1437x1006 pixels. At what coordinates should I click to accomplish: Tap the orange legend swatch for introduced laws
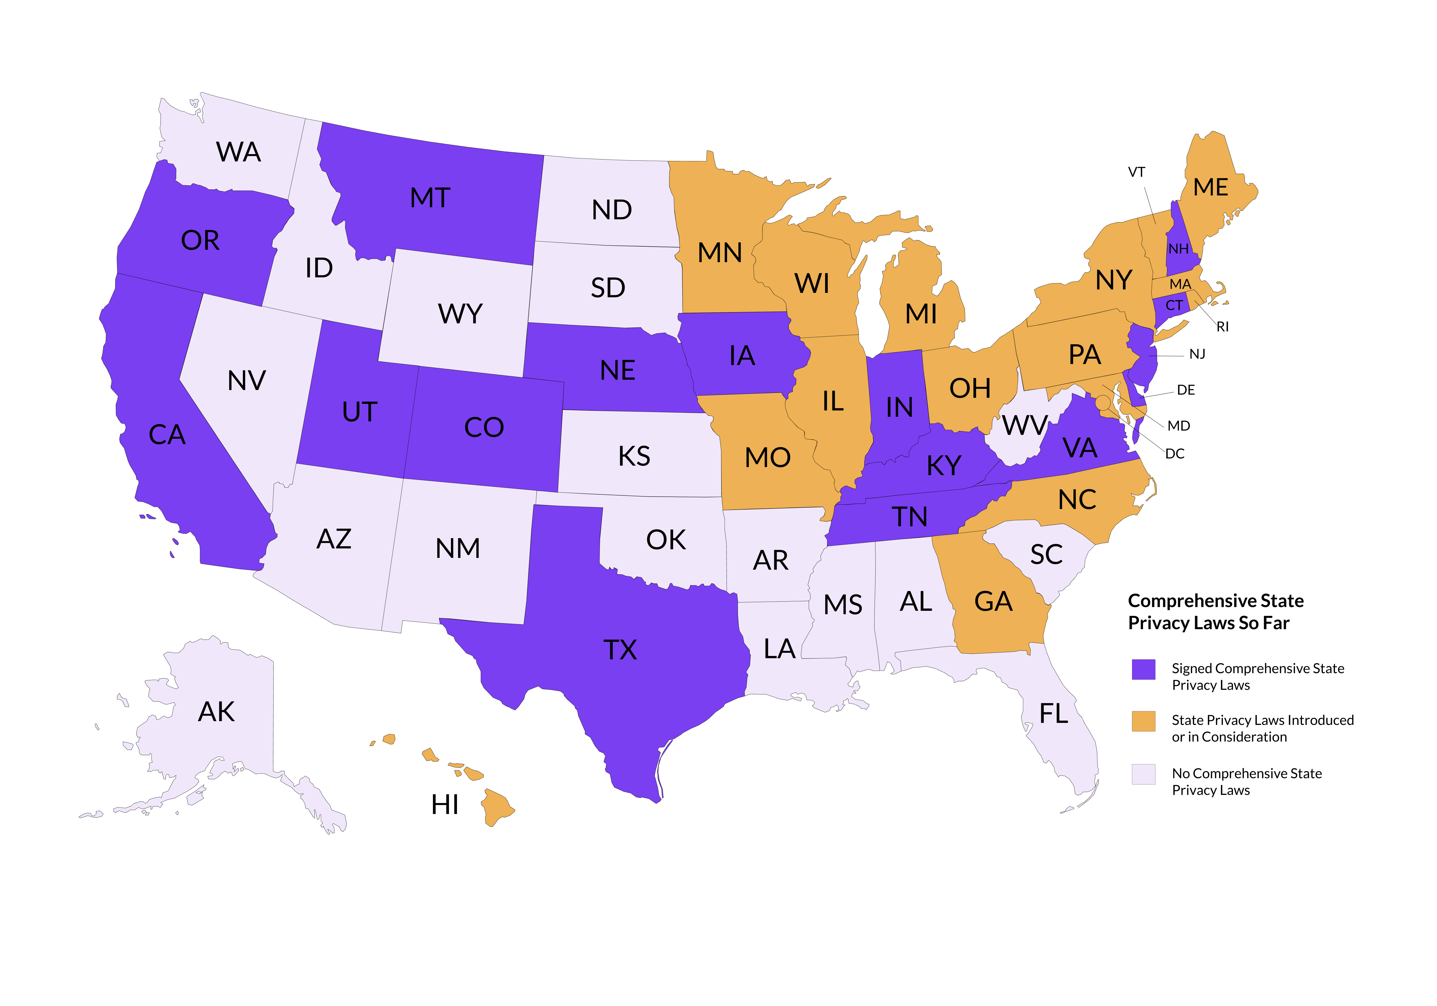click(1143, 721)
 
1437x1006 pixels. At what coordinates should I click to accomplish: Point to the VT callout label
click(1137, 172)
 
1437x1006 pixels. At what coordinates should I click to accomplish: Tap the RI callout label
click(1222, 327)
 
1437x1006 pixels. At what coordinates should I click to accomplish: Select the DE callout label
click(1186, 390)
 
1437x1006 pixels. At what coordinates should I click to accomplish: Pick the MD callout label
click(1179, 426)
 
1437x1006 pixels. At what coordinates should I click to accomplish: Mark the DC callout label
click(1175, 454)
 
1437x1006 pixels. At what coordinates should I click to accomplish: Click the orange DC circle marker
click(1103, 402)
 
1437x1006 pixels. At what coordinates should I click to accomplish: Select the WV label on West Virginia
click(1025, 426)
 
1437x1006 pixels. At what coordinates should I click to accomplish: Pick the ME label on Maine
click(1211, 187)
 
